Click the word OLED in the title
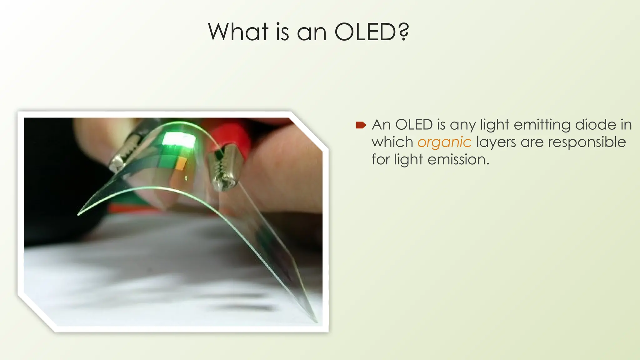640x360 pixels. (365, 32)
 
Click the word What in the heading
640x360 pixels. (238, 32)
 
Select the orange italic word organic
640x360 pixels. (444, 142)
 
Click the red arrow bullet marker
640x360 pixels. (361, 125)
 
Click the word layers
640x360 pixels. (496, 142)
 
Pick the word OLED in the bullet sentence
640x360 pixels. (414, 125)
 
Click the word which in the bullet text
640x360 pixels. (392, 142)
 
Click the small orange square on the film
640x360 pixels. (181, 163)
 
